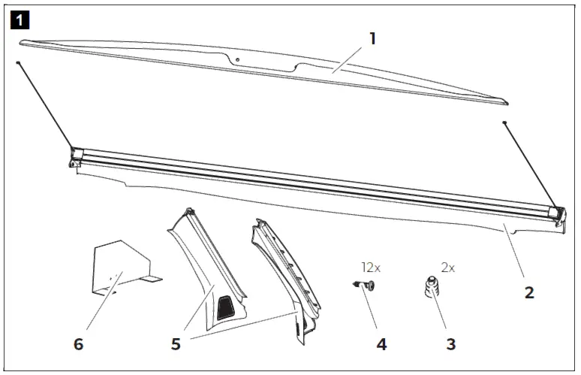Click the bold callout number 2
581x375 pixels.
[529, 292]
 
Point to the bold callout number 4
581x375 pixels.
[381, 344]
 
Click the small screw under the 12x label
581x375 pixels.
[366, 286]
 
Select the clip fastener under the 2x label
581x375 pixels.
[430, 288]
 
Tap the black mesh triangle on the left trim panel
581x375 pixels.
[224, 304]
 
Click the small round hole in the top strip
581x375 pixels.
[236, 59]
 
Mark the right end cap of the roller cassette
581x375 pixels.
[556, 215]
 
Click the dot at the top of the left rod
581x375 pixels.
[18, 63]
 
